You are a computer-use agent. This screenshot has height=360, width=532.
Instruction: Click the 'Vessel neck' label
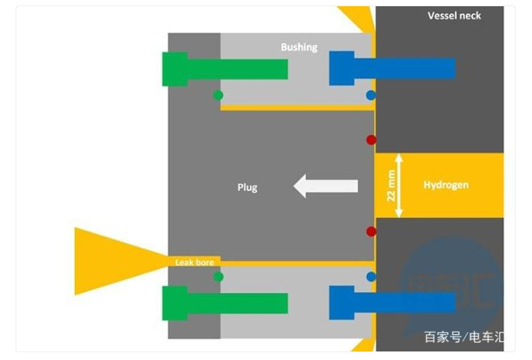[x=454, y=16]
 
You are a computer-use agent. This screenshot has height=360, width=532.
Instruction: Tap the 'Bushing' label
[x=299, y=48]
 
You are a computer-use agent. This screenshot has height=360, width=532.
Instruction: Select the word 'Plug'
[x=247, y=187]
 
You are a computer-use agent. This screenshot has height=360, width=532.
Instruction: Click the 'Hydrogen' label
[x=446, y=185]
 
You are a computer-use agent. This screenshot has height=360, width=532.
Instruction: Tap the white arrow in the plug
[x=325, y=186]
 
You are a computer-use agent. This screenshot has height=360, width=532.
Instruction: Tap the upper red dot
[x=372, y=140]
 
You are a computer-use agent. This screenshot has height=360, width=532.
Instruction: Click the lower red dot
[x=372, y=231]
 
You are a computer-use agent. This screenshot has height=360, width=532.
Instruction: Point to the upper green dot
[x=218, y=95]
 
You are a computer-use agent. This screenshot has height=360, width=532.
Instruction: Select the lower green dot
[x=218, y=277]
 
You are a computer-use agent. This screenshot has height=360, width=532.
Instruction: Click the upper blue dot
[x=371, y=95]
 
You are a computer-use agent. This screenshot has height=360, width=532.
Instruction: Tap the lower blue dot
[x=371, y=277]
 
